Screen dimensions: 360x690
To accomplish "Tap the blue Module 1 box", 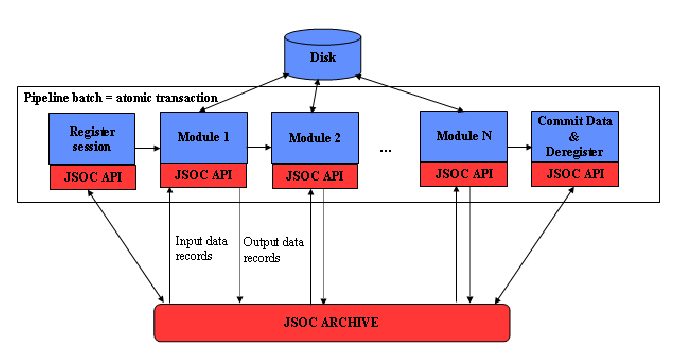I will [203, 135].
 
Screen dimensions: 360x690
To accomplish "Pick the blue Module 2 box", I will [314, 137].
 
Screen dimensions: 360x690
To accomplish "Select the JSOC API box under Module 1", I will [203, 174].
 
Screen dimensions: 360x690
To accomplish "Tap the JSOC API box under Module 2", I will [314, 176].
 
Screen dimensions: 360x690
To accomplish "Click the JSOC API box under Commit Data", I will [574, 173].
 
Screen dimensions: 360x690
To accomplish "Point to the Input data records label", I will [202, 248].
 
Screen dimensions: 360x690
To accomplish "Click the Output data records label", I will [272, 249].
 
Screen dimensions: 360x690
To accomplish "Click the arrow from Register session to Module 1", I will [146, 148].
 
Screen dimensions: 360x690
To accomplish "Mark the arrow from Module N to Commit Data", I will [518, 147].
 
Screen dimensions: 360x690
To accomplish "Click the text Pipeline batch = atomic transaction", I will [119, 97].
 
